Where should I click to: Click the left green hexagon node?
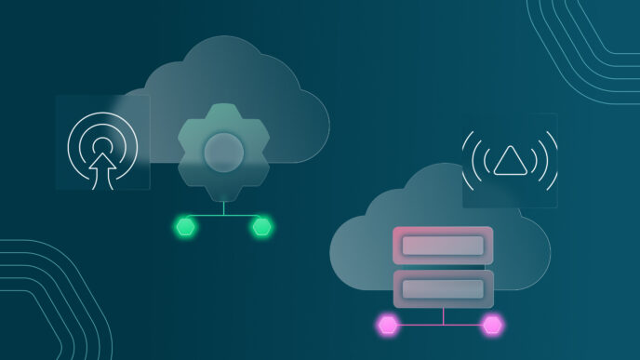pyautogui.click(x=186, y=226)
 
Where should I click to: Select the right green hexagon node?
pyautogui.click(x=261, y=226)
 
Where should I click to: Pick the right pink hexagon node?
pyautogui.click(x=492, y=325)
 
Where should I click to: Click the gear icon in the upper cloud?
pyautogui.click(x=222, y=153)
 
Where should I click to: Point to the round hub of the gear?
pyautogui.click(x=223, y=152)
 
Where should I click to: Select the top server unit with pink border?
pyautogui.click(x=443, y=246)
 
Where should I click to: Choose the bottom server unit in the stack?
pyautogui.click(x=443, y=288)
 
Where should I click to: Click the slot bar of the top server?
pyautogui.click(x=443, y=247)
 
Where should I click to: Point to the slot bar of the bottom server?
pyautogui.click(x=443, y=288)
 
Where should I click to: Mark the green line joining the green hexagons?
pyautogui.click(x=223, y=217)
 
